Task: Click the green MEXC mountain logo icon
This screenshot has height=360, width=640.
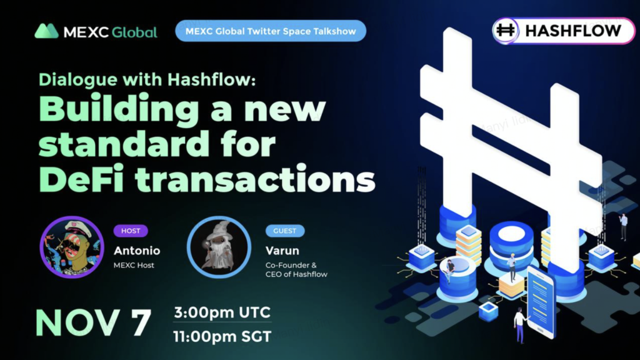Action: coord(46,31)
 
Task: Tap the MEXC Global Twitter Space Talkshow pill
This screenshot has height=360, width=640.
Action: coord(271,31)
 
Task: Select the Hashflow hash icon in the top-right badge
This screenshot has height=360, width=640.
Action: coord(505,31)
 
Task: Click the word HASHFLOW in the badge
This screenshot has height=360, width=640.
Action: coord(573,31)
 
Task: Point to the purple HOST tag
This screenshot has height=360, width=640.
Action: coord(131,231)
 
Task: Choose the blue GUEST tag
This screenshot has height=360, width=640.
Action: coord(285,231)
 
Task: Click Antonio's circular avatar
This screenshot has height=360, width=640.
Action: coord(72,247)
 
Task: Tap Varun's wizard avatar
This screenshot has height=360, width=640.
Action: coord(219,247)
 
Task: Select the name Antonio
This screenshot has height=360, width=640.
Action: coord(137,251)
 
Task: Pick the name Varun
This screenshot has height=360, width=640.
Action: coord(282,251)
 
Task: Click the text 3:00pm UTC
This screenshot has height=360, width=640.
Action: coord(222,312)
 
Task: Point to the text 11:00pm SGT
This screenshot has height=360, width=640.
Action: coord(222,337)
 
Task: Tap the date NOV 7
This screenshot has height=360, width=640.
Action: coord(94,322)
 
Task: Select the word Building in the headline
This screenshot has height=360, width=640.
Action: coord(119,110)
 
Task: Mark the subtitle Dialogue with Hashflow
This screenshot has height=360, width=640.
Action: coord(147,79)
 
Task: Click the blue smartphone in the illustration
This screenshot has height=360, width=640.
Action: coord(541,302)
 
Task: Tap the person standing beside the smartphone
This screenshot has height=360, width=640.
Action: coord(520,325)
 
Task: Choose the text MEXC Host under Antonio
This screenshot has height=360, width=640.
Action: coord(134,265)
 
